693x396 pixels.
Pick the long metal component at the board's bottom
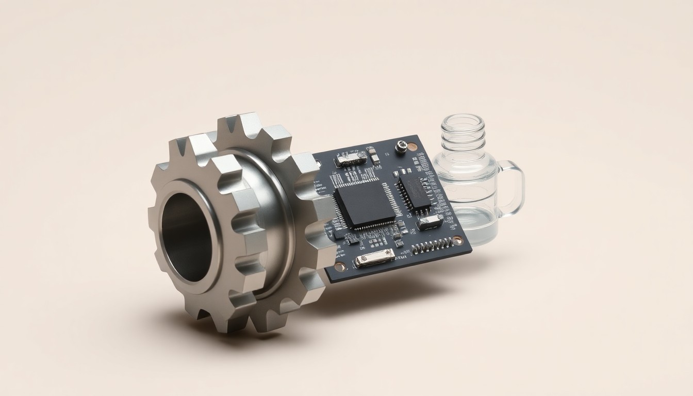tap(375, 257)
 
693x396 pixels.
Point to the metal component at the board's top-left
tap(351, 158)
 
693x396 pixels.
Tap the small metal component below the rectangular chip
tap(430, 222)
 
